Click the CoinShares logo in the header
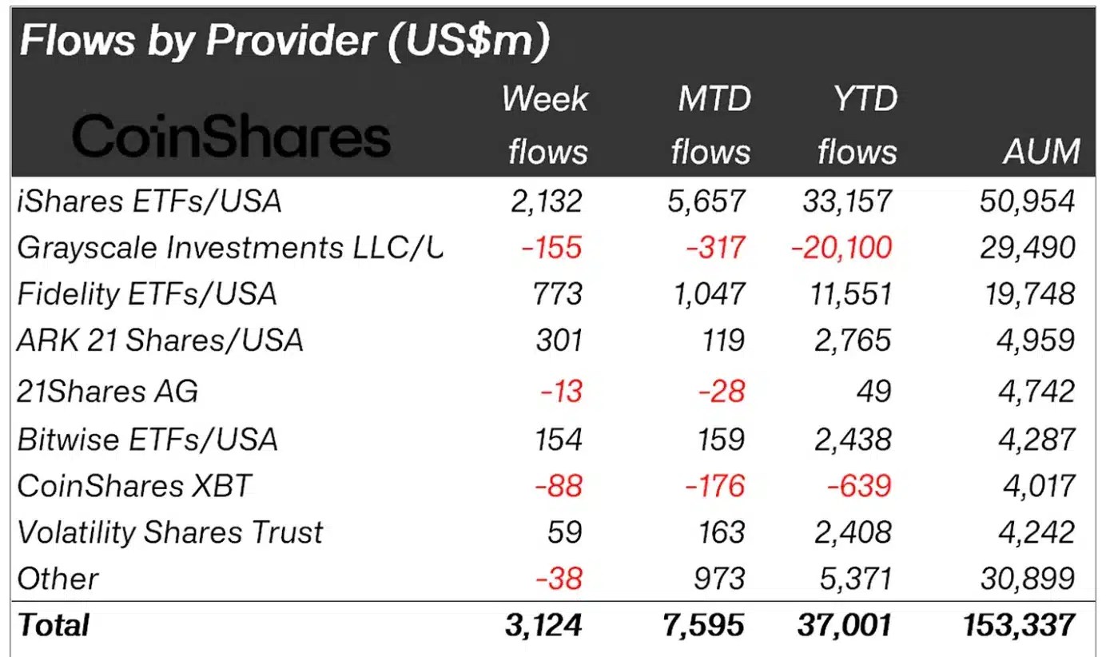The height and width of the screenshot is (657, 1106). [232, 136]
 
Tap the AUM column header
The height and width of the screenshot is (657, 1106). [1041, 151]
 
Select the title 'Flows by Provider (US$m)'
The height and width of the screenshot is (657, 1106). [284, 41]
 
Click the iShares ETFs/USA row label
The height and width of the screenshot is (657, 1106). [149, 201]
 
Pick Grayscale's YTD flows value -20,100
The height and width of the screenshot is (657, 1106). [841, 248]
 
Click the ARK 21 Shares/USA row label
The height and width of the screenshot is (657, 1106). [160, 341]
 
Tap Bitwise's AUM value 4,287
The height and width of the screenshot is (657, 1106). [1038, 440]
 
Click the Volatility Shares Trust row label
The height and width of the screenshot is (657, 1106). [170, 532]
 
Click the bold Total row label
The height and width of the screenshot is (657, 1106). [54, 625]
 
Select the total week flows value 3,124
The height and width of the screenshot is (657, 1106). [544, 625]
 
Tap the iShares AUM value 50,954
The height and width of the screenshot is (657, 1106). [1028, 201]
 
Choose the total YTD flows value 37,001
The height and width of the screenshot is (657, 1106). [845, 625]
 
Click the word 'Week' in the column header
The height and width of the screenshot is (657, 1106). [544, 99]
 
